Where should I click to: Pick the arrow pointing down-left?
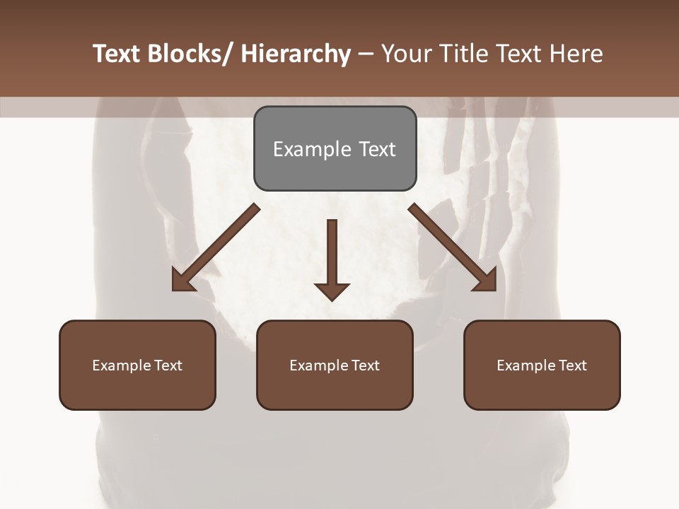(x=216, y=247)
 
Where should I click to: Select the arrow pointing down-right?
(x=453, y=247)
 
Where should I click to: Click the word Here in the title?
(x=576, y=54)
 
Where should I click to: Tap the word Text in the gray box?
(x=377, y=149)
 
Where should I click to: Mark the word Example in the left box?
(x=120, y=365)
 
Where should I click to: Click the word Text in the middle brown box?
(x=364, y=365)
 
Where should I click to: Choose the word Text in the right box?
(x=571, y=365)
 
